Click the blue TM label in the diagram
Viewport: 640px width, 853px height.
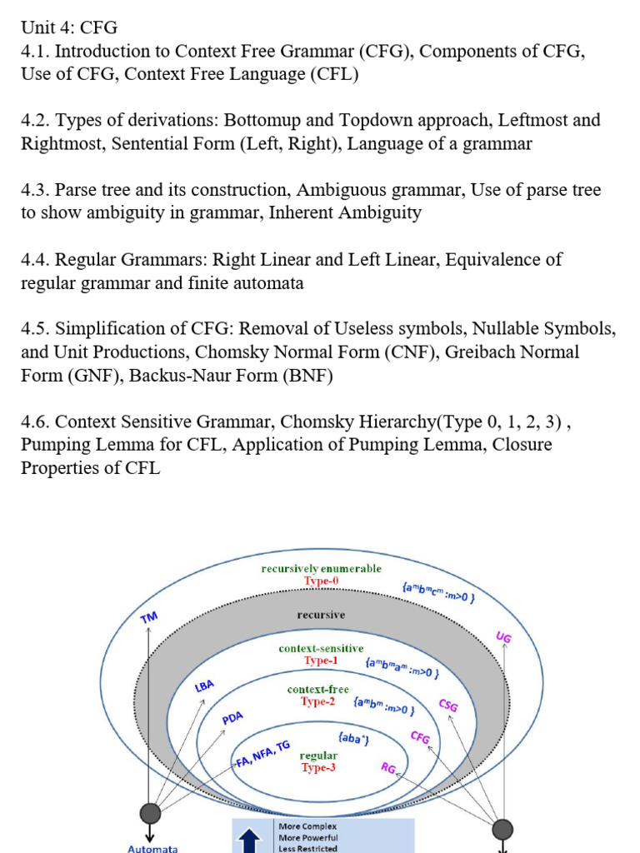coord(149,617)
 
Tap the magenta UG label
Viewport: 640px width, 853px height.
coord(503,637)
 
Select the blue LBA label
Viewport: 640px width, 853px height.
coord(204,686)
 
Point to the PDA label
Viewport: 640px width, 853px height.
coord(232,718)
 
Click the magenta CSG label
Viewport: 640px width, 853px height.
coord(448,705)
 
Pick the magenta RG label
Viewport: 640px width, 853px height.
coord(388,767)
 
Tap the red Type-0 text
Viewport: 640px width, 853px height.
coord(322,581)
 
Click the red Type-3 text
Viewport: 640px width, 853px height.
coord(318,767)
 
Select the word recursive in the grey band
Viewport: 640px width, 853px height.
coord(321,615)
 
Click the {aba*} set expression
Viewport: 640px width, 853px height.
coord(354,739)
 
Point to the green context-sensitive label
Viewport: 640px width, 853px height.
coord(321,648)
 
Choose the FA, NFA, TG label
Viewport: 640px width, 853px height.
coord(262,755)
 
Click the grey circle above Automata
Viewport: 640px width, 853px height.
coord(150,813)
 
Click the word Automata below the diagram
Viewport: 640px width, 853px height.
coord(152,848)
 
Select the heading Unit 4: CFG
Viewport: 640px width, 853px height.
coord(69,27)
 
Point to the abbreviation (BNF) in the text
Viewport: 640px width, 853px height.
coord(307,376)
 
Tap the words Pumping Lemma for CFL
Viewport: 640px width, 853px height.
coord(122,445)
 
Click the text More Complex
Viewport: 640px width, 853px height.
coord(307,826)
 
